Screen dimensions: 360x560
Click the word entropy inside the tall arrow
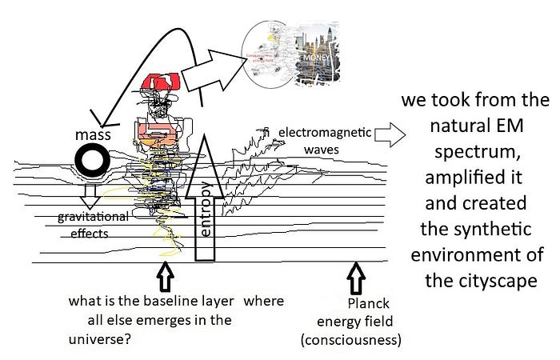(206, 210)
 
